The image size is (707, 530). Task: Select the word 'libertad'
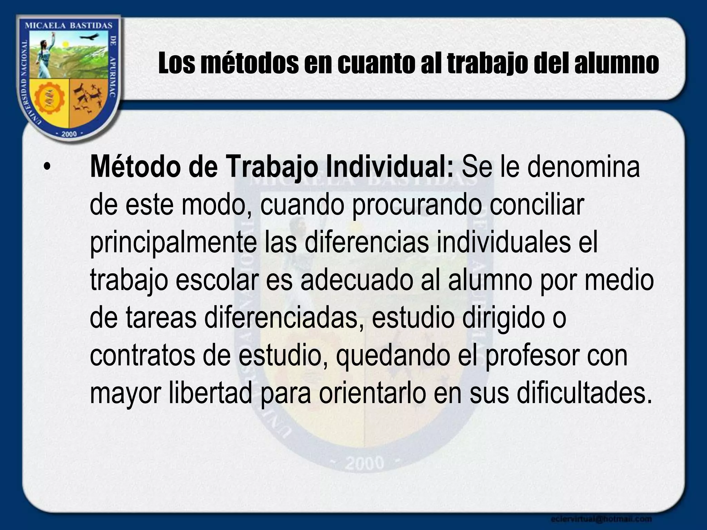[x=210, y=393]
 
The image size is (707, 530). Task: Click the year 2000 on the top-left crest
[x=69, y=134]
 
